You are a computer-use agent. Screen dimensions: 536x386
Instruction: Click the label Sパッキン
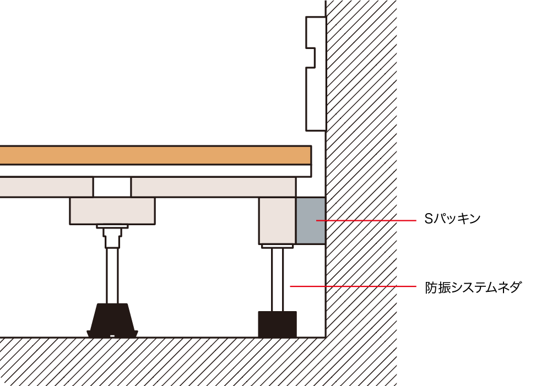tap(452, 219)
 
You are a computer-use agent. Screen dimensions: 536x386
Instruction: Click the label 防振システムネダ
tap(473, 287)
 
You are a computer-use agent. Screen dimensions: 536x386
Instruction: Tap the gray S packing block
tap(310, 220)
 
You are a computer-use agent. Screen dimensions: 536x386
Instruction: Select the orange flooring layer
tap(155, 155)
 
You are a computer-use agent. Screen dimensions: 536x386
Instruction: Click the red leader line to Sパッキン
tap(366, 221)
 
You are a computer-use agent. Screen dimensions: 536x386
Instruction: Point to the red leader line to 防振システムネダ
tap(353, 286)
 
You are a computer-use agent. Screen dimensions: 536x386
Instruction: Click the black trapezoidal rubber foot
tap(112, 320)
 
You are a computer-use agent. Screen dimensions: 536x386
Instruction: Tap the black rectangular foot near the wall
tap(277, 324)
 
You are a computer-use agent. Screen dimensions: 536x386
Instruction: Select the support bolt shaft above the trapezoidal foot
tap(112, 276)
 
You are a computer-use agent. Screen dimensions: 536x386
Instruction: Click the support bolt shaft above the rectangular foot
tap(277, 280)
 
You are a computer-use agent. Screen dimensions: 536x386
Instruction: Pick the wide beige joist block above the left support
tap(112, 211)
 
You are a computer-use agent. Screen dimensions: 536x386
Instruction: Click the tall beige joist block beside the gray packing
tap(277, 221)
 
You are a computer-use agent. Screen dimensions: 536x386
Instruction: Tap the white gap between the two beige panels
tap(112, 187)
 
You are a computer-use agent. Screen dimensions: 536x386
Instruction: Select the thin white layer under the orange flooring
tap(155, 171)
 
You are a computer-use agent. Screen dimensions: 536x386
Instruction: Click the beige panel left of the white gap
tap(46, 187)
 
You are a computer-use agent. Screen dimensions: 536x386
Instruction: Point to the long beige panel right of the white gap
tap(213, 187)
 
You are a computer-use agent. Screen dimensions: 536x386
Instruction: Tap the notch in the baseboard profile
tap(310, 58)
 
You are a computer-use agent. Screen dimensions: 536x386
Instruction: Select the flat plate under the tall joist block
tap(277, 246)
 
